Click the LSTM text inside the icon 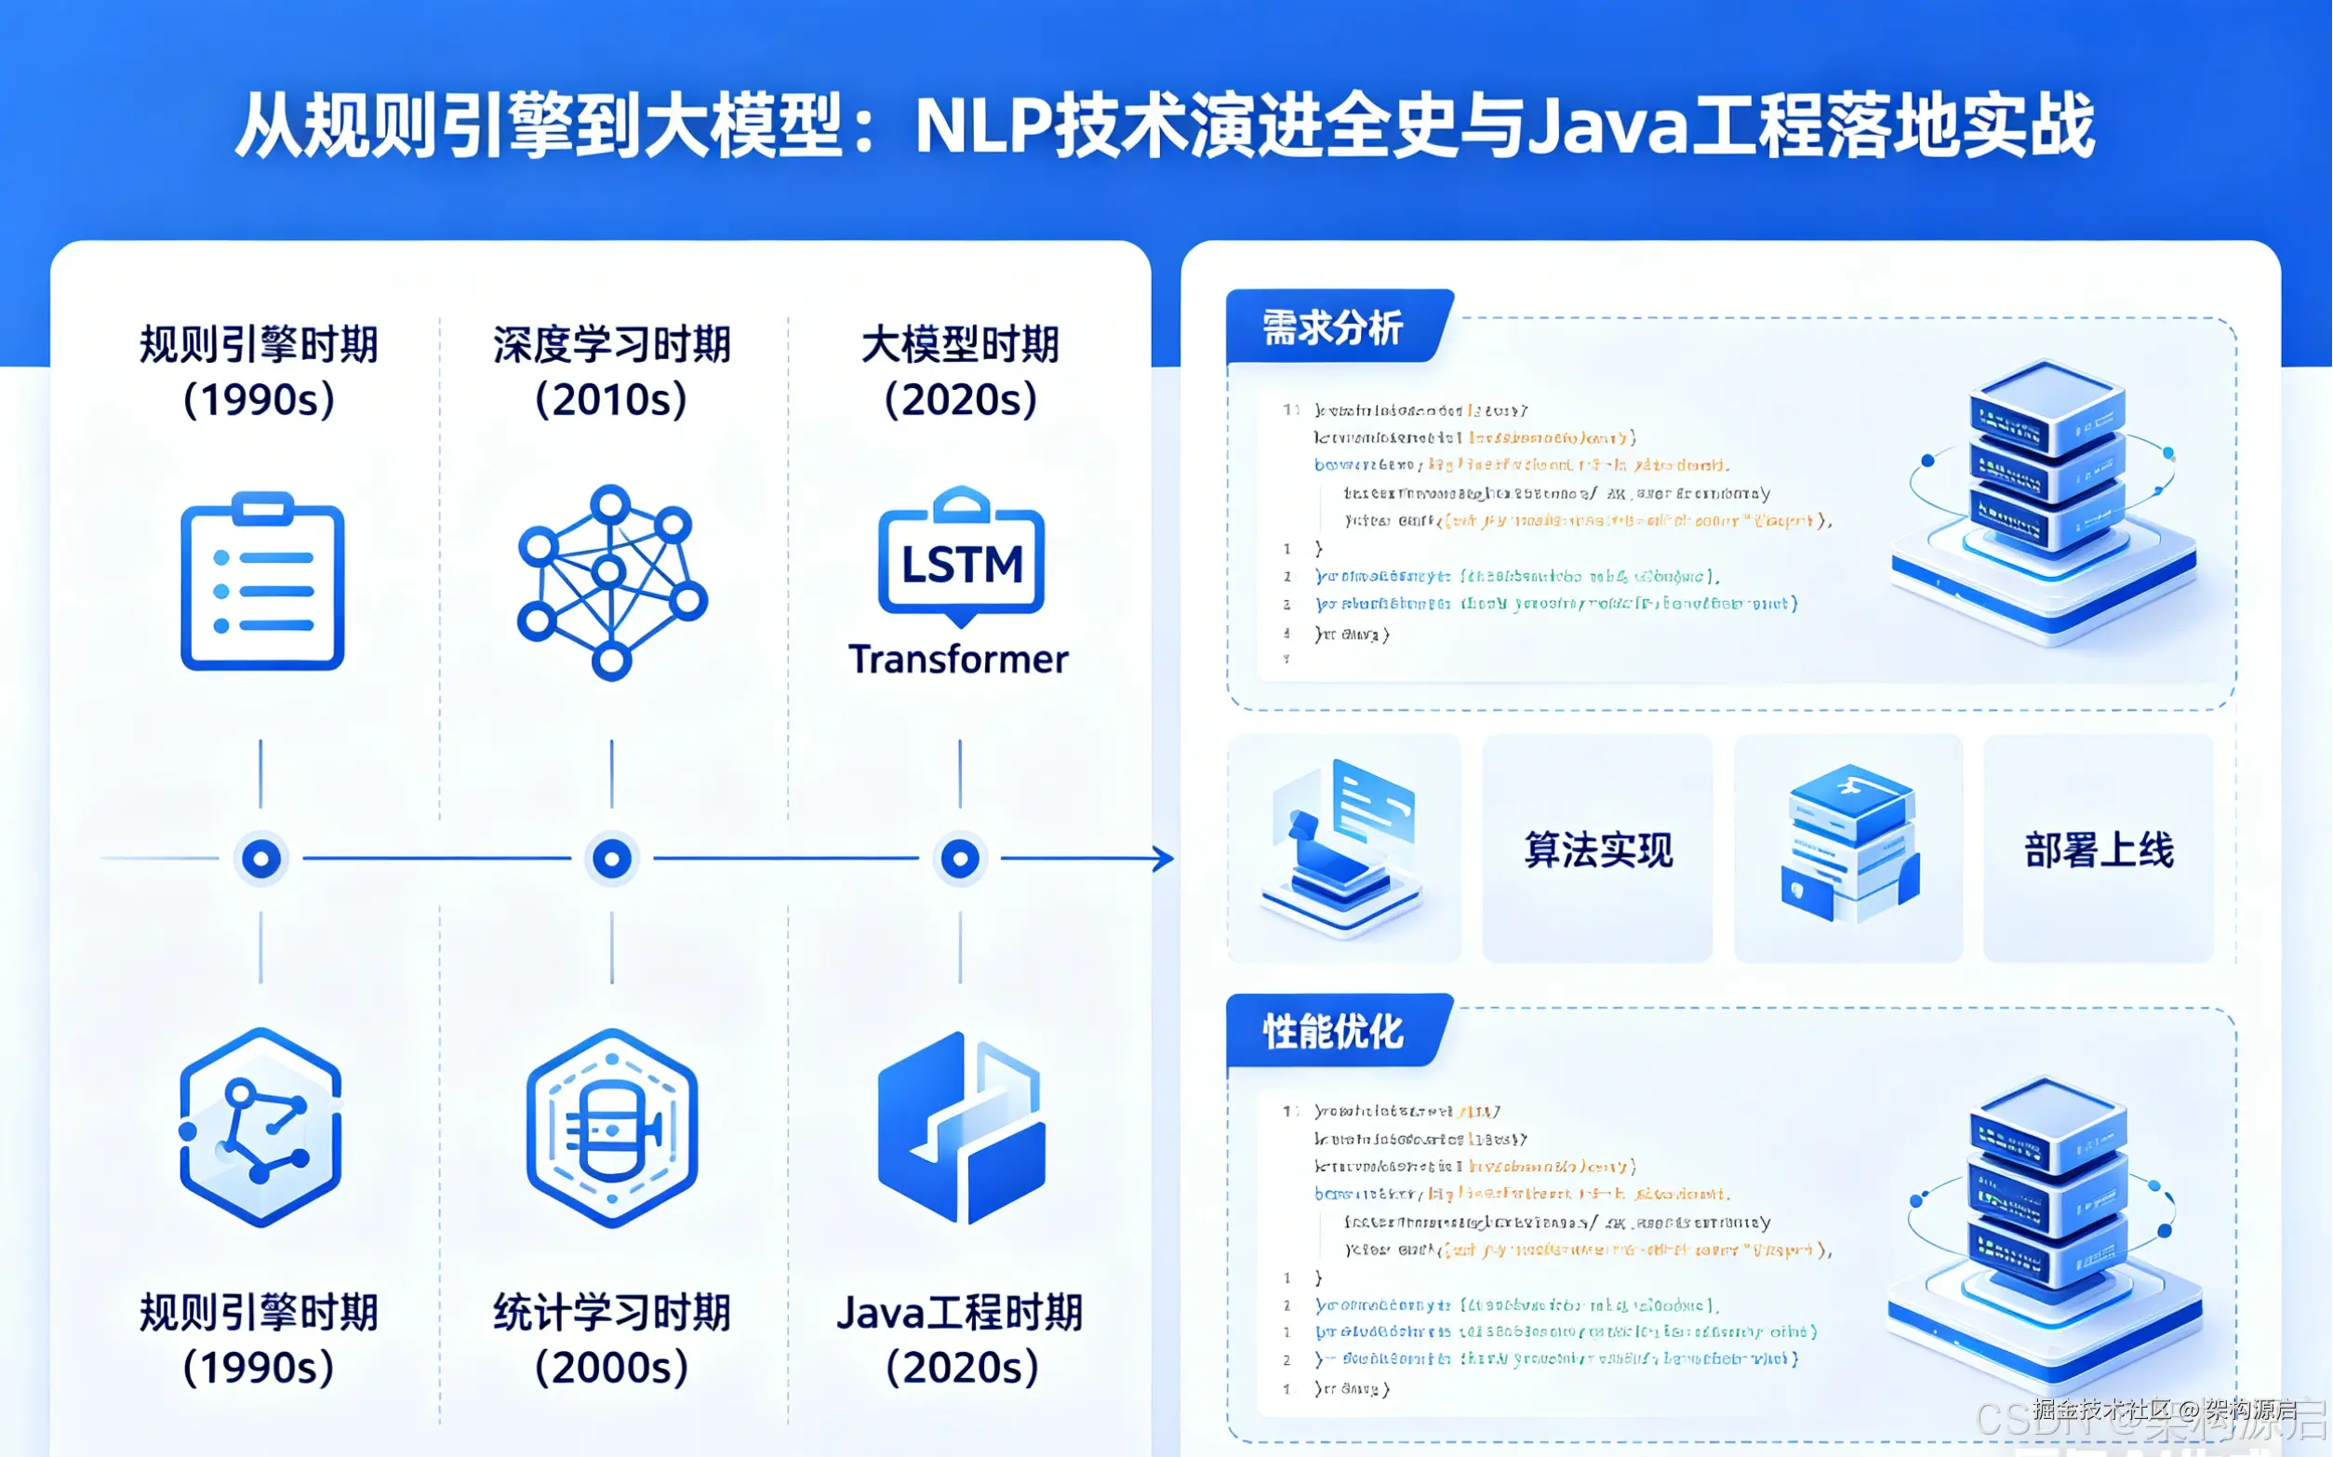click(961, 565)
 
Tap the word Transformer click(958, 660)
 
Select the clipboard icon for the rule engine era click(262, 582)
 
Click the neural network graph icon click(612, 582)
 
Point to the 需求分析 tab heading click(1332, 328)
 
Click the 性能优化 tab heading click(1332, 1032)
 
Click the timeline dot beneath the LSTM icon click(959, 858)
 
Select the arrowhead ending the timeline click(1165, 858)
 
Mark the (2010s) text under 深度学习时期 click(612, 400)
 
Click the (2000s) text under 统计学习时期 click(612, 1368)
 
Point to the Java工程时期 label click(959, 1313)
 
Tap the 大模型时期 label click(959, 345)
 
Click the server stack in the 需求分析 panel click(2045, 501)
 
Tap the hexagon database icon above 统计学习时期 click(612, 1128)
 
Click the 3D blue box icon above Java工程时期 click(961, 1128)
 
